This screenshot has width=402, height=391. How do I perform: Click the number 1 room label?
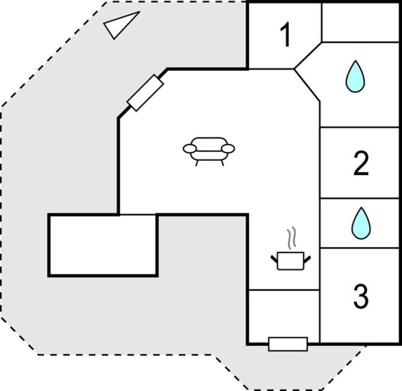click(286, 34)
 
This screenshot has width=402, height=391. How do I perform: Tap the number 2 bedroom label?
click(361, 163)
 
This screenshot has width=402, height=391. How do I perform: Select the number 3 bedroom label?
click(361, 296)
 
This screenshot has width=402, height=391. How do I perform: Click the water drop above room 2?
click(355, 76)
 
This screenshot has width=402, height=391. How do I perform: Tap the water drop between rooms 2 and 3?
click(361, 223)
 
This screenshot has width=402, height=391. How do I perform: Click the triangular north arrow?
click(121, 24)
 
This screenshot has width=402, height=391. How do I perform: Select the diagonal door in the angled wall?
click(145, 93)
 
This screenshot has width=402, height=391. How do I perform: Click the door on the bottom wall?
click(288, 344)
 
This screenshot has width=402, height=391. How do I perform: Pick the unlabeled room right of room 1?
click(360, 22)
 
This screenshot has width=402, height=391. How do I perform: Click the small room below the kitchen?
click(284, 316)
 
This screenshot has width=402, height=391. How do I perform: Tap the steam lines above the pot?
click(292, 238)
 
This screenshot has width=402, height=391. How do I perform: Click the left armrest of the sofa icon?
click(190, 149)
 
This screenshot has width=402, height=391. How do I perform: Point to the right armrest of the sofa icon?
click(228, 149)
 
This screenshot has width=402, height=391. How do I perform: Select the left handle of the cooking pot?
click(274, 259)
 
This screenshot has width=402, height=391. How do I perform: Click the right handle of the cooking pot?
click(307, 259)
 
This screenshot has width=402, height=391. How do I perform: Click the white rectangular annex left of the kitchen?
click(103, 245)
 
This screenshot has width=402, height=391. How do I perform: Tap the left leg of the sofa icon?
click(197, 163)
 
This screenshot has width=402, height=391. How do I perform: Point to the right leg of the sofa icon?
click(223, 163)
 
